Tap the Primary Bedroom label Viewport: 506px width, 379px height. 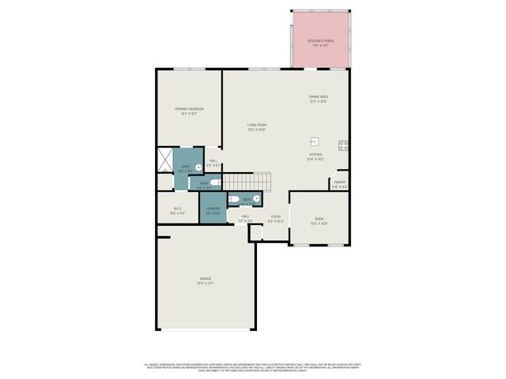pos(189,111)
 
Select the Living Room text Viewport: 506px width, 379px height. pos(256,127)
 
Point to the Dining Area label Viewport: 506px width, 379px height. pos(318,99)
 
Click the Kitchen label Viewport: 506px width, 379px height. pos(315,156)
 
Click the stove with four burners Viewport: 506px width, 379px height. pos(344,145)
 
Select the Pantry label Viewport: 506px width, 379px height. pos(339,184)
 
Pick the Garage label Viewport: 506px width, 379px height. pos(205,281)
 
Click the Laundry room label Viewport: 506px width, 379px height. pos(213,211)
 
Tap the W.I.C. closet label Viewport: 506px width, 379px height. pos(178,211)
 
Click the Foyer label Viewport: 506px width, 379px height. pos(275,218)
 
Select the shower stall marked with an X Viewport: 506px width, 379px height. pos(164,161)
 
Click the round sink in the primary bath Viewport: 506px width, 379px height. pos(198,167)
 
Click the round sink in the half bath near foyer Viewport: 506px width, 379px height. pos(256,199)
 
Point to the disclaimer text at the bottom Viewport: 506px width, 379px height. pos(253,366)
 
